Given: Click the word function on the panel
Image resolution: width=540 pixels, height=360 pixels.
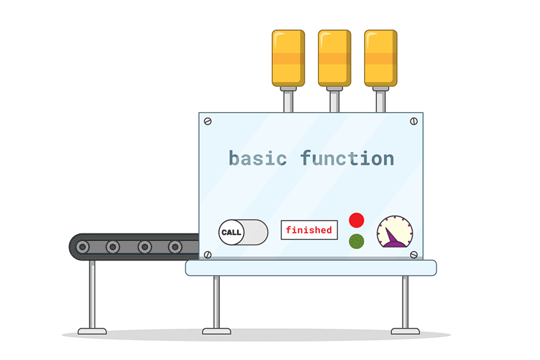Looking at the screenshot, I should (x=347, y=159).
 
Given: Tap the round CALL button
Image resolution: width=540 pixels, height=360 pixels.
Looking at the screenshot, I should (x=231, y=232).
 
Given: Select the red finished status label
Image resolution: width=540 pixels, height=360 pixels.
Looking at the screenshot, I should (x=309, y=230).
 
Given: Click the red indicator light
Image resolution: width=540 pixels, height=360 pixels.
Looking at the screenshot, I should (x=356, y=220).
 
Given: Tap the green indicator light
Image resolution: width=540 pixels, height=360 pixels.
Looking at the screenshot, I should (x=356, y=241).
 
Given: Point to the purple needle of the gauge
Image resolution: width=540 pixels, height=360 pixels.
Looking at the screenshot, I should (x=392, y=239).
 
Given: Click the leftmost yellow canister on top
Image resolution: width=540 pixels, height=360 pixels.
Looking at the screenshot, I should (x=288, y=58).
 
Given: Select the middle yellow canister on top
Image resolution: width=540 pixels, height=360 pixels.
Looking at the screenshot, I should (x=334, y=58).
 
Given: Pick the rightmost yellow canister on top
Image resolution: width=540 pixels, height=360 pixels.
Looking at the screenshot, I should (x=380, y=58).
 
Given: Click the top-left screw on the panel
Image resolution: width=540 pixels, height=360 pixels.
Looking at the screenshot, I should (x=208, y=121).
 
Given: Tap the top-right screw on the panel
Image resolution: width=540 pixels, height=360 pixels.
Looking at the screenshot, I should (x=413, y=121).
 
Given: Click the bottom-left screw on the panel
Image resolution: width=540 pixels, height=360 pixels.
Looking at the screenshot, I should (x=208, y=254).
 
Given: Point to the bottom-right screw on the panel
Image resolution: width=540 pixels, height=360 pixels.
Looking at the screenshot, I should (x=413, y=254).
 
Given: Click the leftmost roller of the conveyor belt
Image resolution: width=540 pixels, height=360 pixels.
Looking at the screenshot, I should (x=82, y=247).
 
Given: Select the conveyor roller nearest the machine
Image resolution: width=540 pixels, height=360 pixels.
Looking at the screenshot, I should (x=175, y=247).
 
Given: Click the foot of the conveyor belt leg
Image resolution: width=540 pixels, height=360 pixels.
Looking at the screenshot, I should (x=92, y=331).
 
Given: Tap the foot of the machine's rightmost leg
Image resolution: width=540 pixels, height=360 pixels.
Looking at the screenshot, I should (x=405, y=331).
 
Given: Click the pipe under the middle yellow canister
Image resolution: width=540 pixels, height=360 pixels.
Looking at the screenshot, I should (x=334, y=100).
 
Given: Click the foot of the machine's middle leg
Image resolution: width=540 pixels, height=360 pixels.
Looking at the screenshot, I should (x=216, y=331).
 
